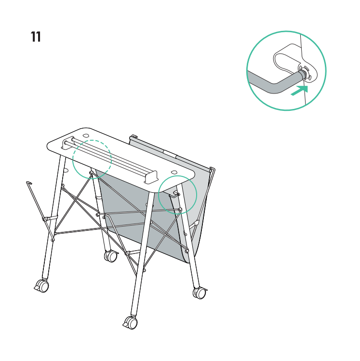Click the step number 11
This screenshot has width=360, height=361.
pyautogui.click(x=36, y=37)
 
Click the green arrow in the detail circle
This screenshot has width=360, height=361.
pyautogui.click(x=300, y=90)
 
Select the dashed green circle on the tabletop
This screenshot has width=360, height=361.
pyautogui.click(x=92, y=140)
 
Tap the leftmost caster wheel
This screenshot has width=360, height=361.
pyautogui.click(x=42, y=286)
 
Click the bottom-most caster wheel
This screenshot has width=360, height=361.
pyautogui.click(x=130, y=322)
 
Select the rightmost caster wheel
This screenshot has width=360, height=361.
pyautogui.click(x=200, y=293)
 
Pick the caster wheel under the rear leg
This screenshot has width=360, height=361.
pyautogui.click(x=111, y=256)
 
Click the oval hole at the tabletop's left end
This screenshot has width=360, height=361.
pyautogui.click(x=86, y=135)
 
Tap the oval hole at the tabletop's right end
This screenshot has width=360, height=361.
pyautogui.click(x=174, y=172)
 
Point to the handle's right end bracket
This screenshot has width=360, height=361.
pyautogui.click(x=151, y=177)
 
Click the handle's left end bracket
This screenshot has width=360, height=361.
pyautogui.click(x=65, y=144)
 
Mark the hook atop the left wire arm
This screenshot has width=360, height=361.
pyautogui.click(x=29, y=183)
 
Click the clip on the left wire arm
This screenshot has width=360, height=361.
pyautogui.click(x=50, y=218)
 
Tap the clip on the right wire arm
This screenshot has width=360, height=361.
pyautogui.click(x=196, y=223)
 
